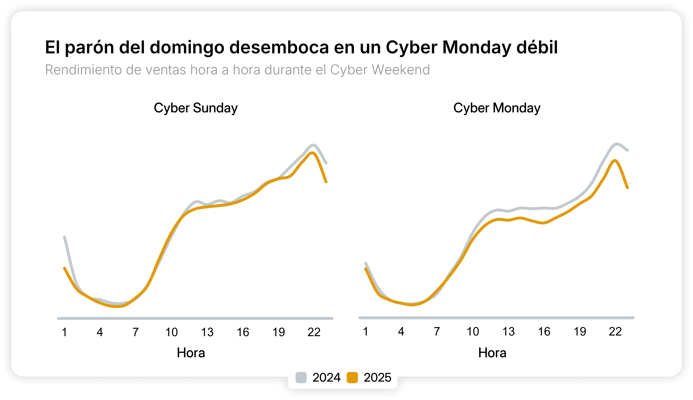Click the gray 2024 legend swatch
click(301, 377)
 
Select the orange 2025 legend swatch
click(352, 377)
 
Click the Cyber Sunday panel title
click(195, 108)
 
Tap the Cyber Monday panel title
click(497, 108)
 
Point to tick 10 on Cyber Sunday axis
click(171, 332)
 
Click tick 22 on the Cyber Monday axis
click(615, 332)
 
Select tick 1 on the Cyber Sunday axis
click(64, 332)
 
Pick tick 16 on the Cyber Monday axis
click(544, 332)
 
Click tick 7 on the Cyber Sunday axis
click(136, 332)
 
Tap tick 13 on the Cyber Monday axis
click(508, 332)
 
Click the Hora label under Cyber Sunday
click(191, 353)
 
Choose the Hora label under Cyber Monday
click(492, 353)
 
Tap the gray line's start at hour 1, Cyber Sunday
click(64, 237)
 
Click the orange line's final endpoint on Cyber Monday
click(628, 188)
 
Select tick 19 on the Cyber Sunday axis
click(278, 332)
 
